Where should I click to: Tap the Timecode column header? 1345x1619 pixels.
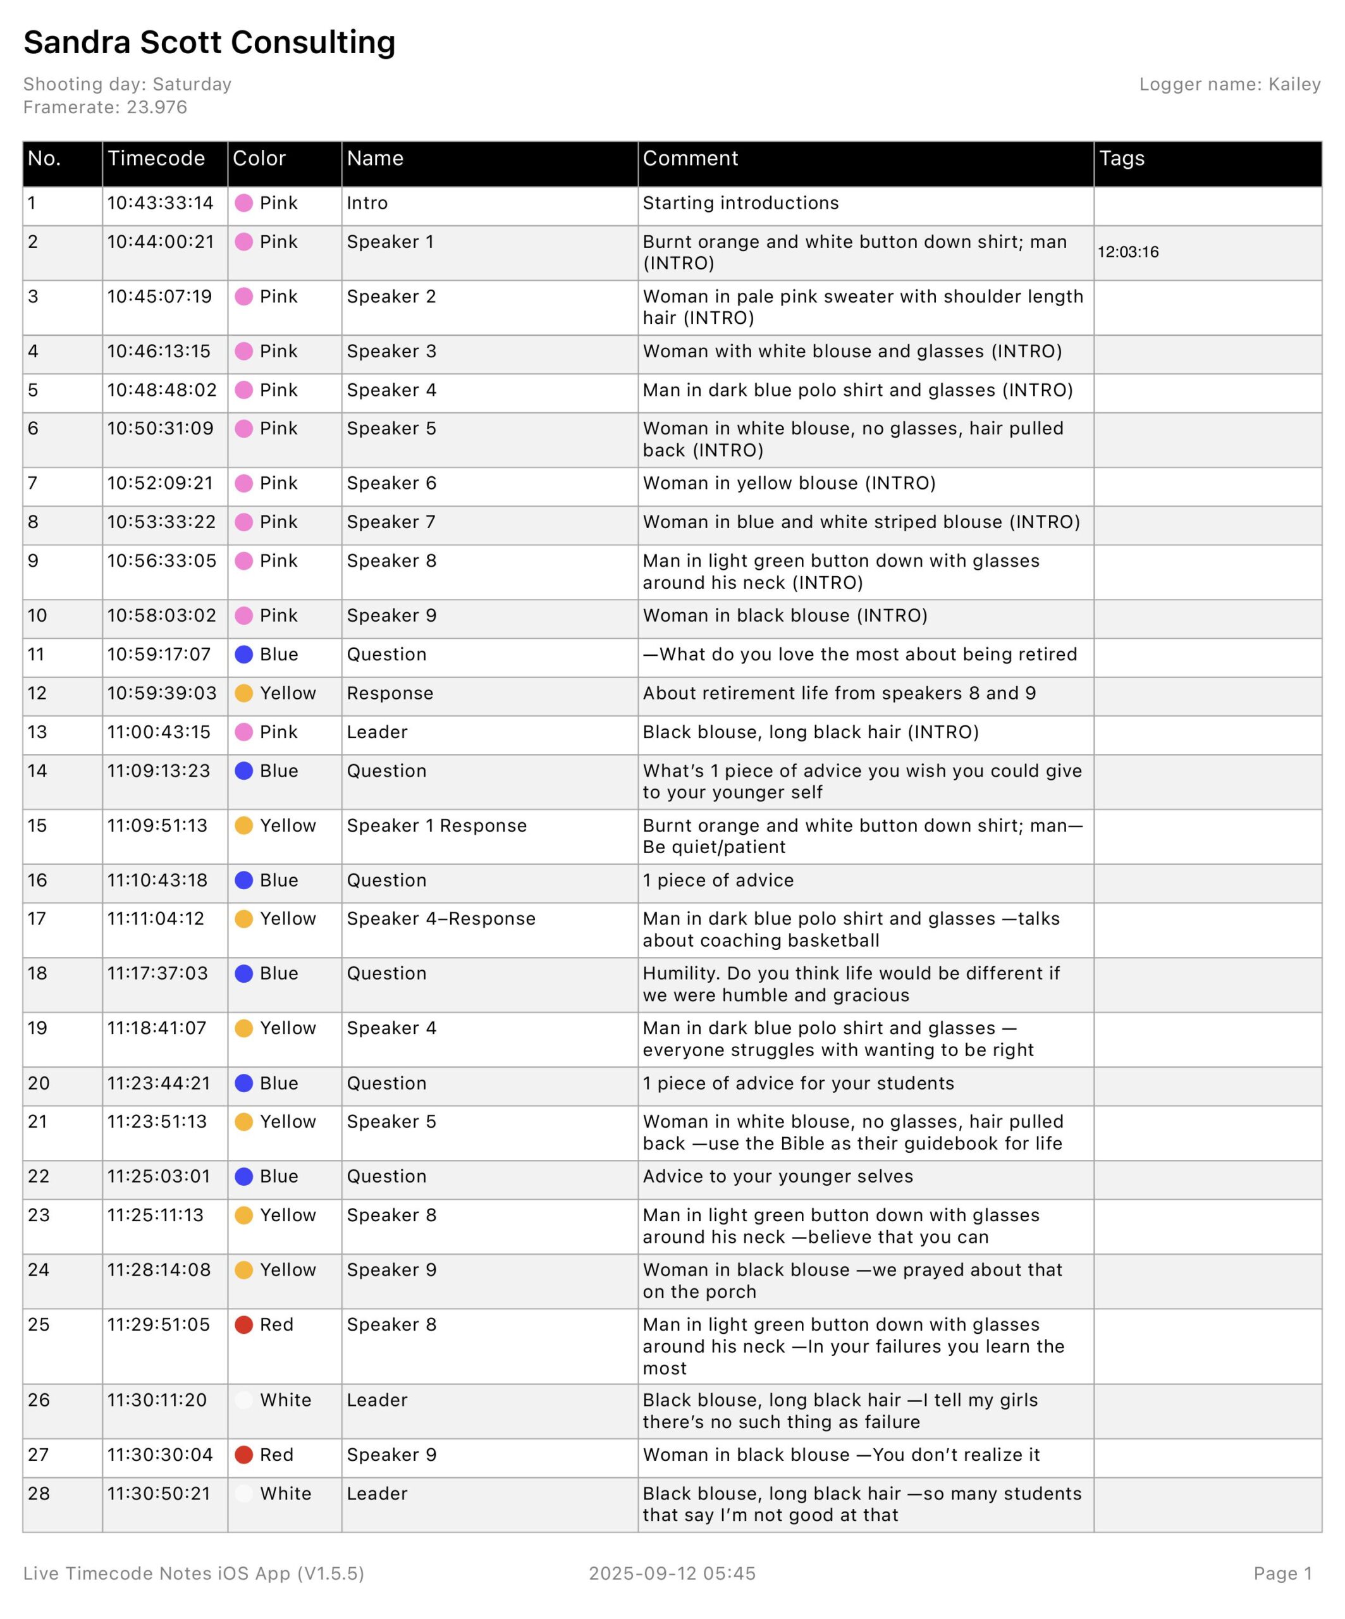156,159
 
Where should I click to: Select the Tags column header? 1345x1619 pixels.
1122,159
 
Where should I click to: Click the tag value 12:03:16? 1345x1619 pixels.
1127,252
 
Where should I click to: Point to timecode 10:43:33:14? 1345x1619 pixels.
161,204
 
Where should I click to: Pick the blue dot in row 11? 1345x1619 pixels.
243,655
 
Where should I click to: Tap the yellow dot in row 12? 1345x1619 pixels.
243,693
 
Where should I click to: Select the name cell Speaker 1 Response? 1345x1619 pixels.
436,826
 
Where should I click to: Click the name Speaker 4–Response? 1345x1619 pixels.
441,919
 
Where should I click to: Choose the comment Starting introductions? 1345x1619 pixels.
740,204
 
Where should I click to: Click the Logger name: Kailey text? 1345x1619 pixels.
1229,85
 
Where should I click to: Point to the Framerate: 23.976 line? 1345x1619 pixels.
105,107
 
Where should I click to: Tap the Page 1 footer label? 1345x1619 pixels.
1282,1573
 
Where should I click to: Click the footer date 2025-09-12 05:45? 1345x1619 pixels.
672,1573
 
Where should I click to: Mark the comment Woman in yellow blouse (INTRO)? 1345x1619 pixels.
789,483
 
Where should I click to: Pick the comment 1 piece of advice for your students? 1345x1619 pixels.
798,1083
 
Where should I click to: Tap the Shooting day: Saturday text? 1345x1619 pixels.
127,85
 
